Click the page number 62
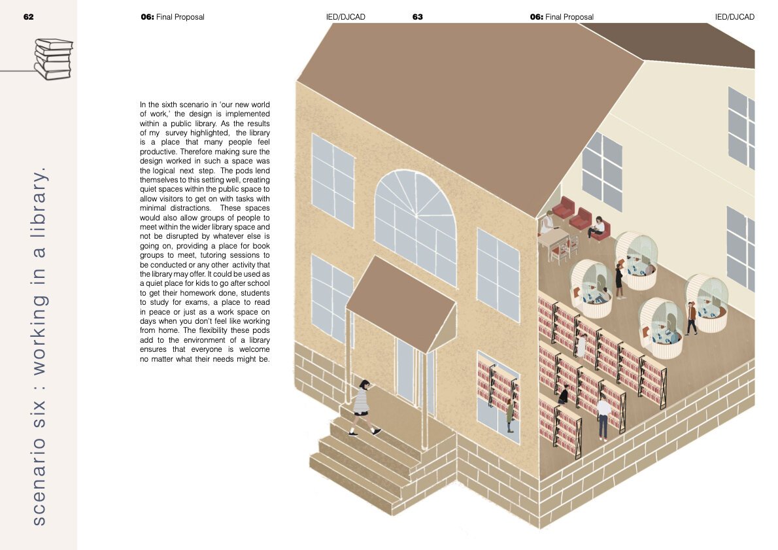pyautogui.click(x=28, y=17)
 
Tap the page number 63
pyautogui.click(x=417, y=17)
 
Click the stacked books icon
pyautogui.click(x=53, y=59)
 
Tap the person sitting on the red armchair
pyautogui.click(x=596, y=227)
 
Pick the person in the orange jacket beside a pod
pyautogui.click(x=692, y=318)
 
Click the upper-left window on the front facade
pyautogui.click(x=332, y=180)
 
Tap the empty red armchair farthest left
pyautogui.click(x=564, y=207)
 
